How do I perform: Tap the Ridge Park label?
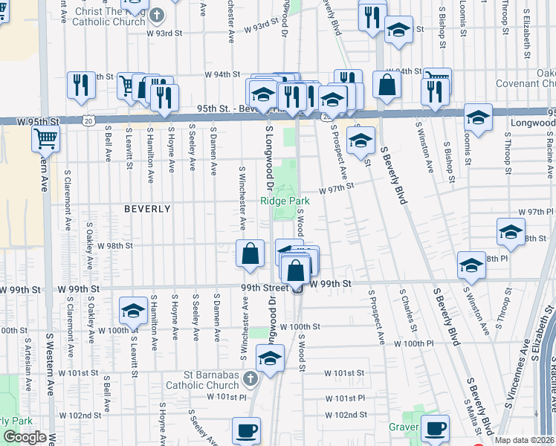coord(285,201)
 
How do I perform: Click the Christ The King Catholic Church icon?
coord(157,16)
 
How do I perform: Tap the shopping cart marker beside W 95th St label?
coord(46,138)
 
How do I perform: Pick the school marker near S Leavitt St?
coord(133,311)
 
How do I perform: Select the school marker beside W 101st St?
coord(271,358)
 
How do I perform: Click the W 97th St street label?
coord(337,190)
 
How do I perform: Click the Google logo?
coord(25,437)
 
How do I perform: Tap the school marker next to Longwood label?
coord(477,118)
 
